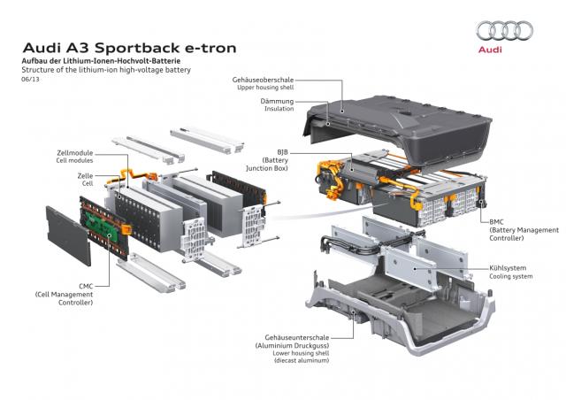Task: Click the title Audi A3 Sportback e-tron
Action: [x=128, y=46]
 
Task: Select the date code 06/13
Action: [x=31, y=79]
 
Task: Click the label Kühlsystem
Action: [x=508, y=267]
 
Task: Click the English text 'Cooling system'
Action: [x=510, y=276]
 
